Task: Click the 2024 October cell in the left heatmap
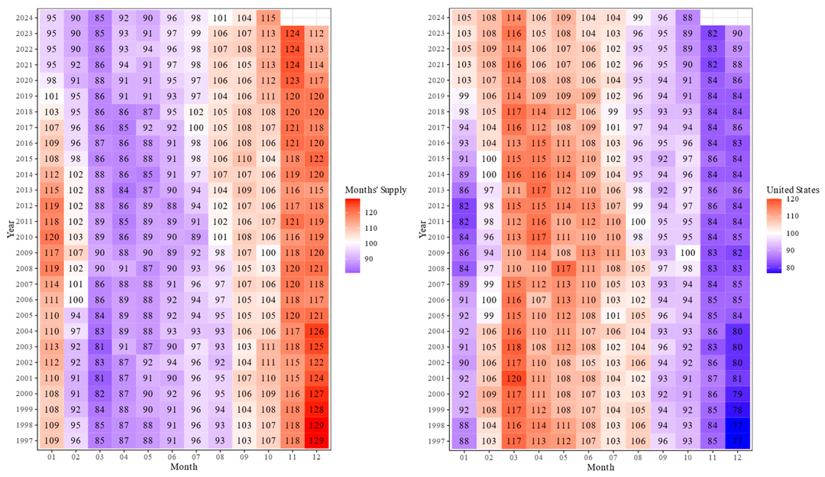pyautogui.click(x=268, y=18)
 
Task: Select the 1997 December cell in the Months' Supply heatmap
pyautogui.click(x=315, y=440)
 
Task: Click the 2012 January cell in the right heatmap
pyautogui.click(x=464, y=206)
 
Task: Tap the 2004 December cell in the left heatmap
pyautogui.click(x=315, y=331)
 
